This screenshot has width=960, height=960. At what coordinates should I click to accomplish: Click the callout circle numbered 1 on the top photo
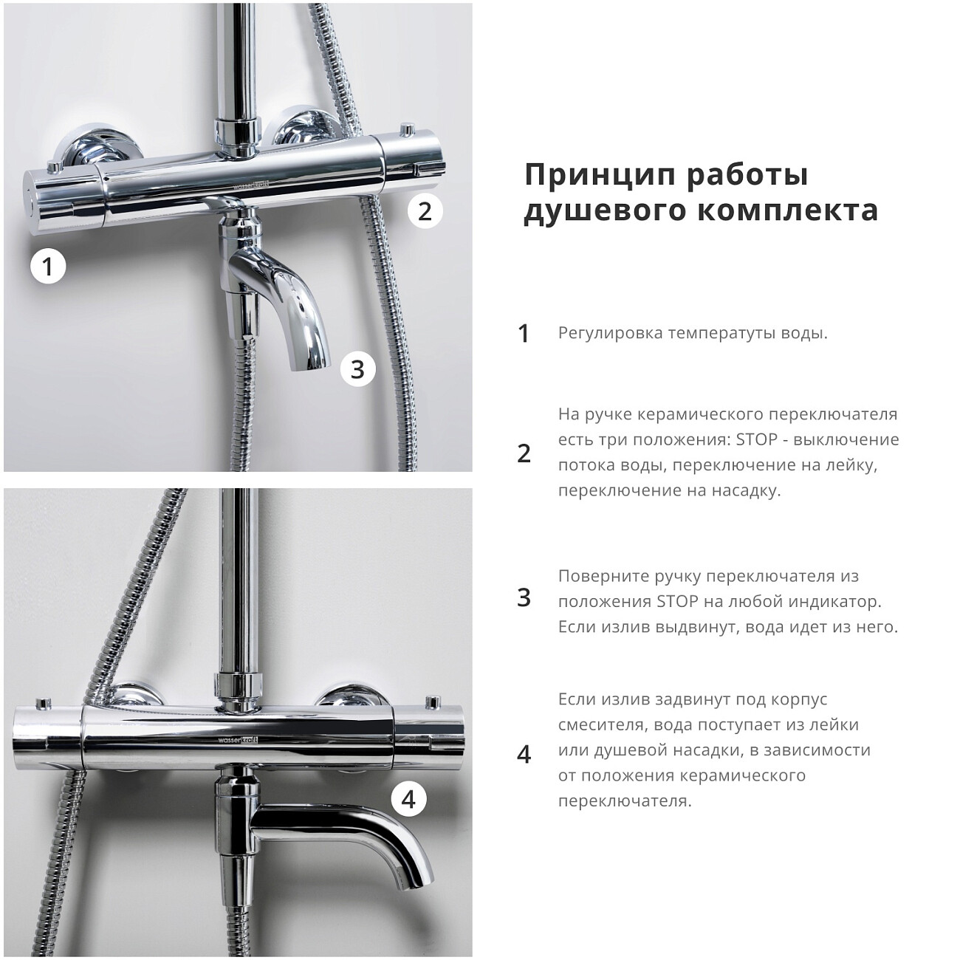tap(48, 266)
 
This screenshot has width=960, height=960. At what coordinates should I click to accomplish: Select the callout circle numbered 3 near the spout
tap(357, 368)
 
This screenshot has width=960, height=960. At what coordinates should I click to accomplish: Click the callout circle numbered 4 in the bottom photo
tap(408, 799)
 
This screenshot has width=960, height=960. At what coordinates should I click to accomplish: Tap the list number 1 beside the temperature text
tap(524, 334)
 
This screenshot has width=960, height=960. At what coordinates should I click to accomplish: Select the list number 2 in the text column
tap(524, 453)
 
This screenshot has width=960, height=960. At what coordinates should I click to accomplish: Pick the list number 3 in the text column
tap(524, 597)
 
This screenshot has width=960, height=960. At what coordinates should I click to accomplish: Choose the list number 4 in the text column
tap(524, 754)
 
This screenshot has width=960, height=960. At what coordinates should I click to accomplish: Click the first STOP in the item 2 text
tap(757, 439)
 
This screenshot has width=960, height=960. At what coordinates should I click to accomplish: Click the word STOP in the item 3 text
tap(677, 601)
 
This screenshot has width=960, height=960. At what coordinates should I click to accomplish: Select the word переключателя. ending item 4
tap(625, 801)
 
